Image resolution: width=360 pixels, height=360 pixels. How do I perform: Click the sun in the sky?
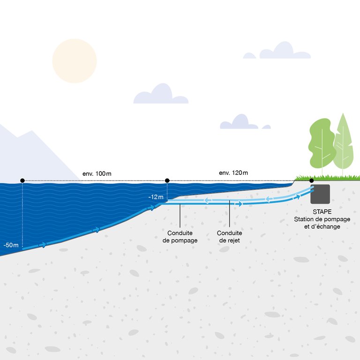pos(75,61)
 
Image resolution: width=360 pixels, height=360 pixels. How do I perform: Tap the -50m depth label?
pos(10,245)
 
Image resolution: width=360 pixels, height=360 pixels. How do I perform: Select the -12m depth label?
pos(156,197)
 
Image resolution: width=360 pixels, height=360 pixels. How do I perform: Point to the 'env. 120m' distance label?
pos(233,173)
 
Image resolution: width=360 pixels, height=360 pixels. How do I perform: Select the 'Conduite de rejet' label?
pos(230,236)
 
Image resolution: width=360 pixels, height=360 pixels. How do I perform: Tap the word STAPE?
pos(322,212)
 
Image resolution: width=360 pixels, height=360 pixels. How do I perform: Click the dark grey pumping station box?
pos(320,194)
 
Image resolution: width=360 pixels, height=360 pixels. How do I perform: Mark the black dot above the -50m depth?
pos(22,180)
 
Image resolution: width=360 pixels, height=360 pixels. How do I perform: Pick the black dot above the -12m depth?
pos(167,180)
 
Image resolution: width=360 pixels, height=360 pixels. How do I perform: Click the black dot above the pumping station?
pos(312,180)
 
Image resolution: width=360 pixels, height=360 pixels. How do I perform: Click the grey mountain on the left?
pos(28,155)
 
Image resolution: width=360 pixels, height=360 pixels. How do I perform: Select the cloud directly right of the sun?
pos(161,95)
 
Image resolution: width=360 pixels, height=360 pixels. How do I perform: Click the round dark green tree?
pos(320,143)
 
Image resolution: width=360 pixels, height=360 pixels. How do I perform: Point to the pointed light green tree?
pos(344,143)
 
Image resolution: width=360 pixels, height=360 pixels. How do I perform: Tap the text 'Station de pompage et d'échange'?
pos(322,223)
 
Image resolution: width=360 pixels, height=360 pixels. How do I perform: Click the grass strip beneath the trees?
pos(328,178)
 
